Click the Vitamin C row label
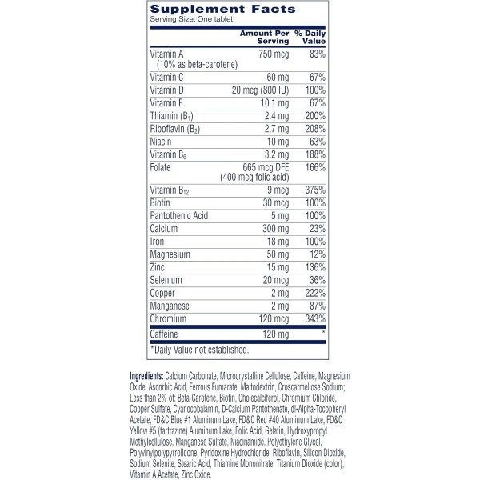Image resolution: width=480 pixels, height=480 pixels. coord(166,76)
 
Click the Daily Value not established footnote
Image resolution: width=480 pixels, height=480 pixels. coord(200,349)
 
